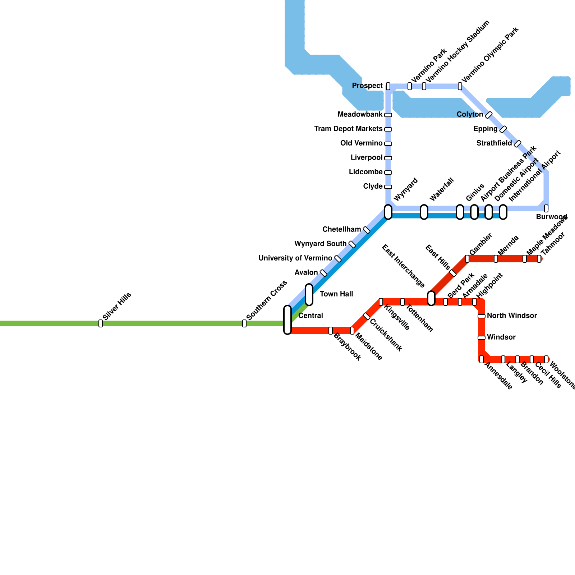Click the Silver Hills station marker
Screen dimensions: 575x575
pos(101,323)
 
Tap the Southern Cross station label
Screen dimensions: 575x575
pos(267,300)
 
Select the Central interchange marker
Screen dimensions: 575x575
pos(287,320)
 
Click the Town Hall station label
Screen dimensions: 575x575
pos(336,294)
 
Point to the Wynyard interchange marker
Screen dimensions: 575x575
pos(388,212)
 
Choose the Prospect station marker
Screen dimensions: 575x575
pos(388,86)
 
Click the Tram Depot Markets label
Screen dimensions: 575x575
pos(348,129)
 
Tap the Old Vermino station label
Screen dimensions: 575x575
pos(361,143)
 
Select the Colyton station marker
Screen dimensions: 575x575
pos(489,115)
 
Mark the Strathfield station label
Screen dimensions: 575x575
pos(494,143)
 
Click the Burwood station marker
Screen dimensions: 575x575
pos(546,208)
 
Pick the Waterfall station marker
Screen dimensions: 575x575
pos(424,212)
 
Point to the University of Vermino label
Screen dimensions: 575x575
pos(295,258)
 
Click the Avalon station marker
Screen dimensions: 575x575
pos(323,273)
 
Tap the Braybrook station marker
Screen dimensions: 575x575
pos(331,331)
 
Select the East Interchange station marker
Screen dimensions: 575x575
pos(431,298)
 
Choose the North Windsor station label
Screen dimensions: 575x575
pos(512,316)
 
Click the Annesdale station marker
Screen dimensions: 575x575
pos(482,359)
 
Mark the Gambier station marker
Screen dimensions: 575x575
pos(467,259)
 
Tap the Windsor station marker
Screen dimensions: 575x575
pos(482,338)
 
